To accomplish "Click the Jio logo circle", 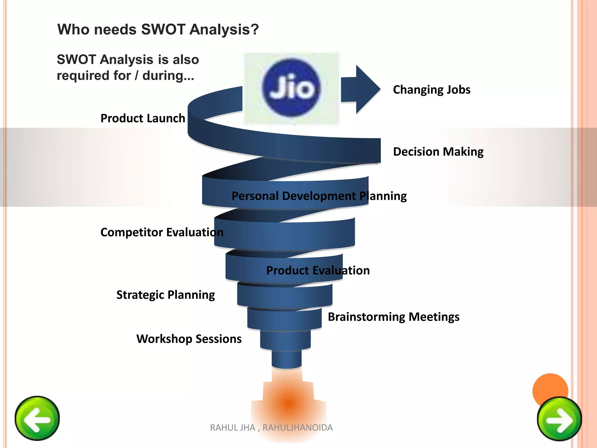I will pos(291,88).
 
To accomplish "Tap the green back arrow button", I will pos(37,418).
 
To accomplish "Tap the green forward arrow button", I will pos(559,419).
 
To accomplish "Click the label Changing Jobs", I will pos(431,90).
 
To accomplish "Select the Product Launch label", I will pos(143,118).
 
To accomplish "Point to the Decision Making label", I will pos(438,152).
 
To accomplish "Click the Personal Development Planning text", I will pos(319,196).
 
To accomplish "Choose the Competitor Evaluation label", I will pos(162,232).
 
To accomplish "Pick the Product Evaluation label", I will pos(318,270).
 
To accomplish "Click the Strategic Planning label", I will pos(166,295).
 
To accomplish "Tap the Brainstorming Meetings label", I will pos(394,317).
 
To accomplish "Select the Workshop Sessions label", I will pos(189,339).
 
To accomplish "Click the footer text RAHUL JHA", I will pos(232,428).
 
